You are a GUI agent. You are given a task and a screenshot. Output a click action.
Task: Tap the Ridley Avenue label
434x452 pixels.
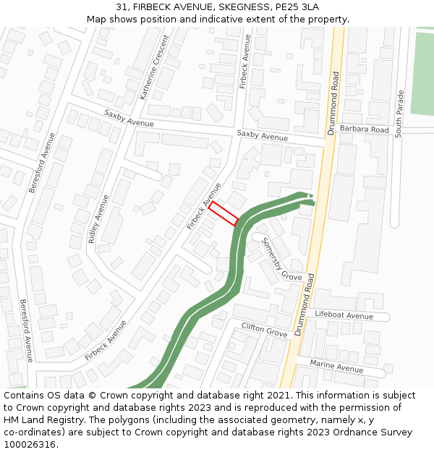(x=100, y=218)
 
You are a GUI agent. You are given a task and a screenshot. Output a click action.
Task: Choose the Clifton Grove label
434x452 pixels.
(x=265, y=330)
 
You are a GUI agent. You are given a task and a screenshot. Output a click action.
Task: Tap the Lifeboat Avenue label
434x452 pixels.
(x=344, y=315)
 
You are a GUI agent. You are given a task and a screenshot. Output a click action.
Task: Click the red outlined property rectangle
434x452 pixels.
(x=224, y=213)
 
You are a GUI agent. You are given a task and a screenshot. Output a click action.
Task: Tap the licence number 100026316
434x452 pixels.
(x=31, y=444)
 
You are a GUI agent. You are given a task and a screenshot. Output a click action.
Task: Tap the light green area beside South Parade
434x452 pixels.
(x=422, y=72)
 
